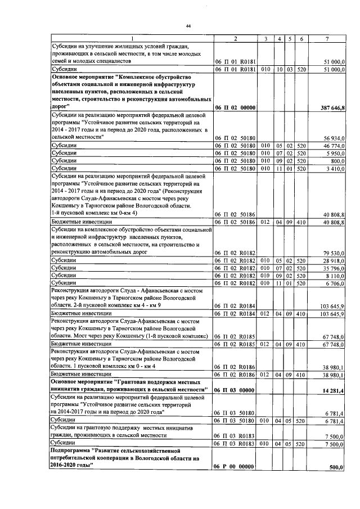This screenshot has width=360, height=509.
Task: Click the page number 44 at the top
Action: click(188, 26)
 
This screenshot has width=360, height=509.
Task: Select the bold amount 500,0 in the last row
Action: click(337, 467)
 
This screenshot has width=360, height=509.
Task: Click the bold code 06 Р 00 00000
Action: click(235, 467)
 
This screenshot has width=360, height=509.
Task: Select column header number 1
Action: click(130, 38)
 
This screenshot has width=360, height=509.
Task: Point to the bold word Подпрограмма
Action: click(72, 451)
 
